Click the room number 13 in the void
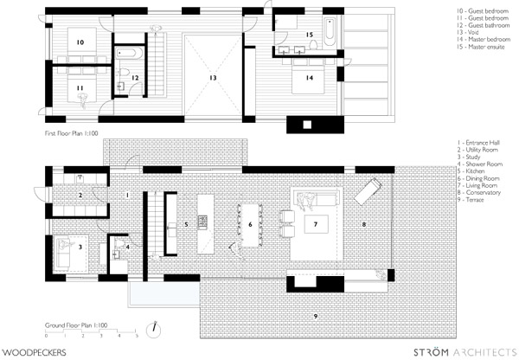pyautogui.click(x=213, y=78)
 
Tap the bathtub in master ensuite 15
pyautogui.click(x=330, y=32)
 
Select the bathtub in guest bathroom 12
pyautogui.click(x=129, y=53)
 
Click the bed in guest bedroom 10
pyautogui.click(x=82, y=42)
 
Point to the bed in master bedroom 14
pyautogui.click(x=308, y=79)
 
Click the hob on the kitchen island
pyautogui.click(x=202, y=222)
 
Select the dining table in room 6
pyautogui.click(x=250, y=225)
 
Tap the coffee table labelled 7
pyautogui.click(x=316, y=224)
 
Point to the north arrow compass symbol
pyautogui.click(x=154, y=330)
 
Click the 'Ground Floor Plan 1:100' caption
pyautogui.click(x=76, y=325)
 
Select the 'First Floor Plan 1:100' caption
pyautogui.click(x=72, y=133)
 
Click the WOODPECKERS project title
pyautogui.click(x=34, y=352)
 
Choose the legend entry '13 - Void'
pyautogui.click(x=468, y=33)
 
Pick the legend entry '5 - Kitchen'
pyautogui.click(x=471, y=171)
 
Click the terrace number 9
pyautogui.click(x=316, y=316)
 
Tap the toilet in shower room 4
pyautogui.click(x=119, y=244)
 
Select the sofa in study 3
pyautogui.click(x=62, y=254)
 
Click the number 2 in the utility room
pyautogui.click(x=80, y=196)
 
